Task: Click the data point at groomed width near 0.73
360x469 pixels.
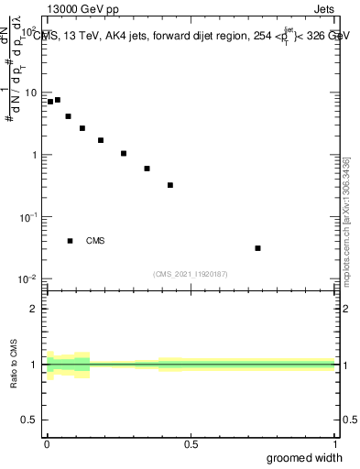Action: pyautogui.click(x=258, y=248)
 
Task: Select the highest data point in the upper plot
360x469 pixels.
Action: pyautogui.click(x=58, y=100)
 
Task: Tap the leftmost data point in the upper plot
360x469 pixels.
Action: pyautogui.click(x=50, y=102)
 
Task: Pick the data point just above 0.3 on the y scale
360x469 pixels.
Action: pyautogui.click(x=170, y=185)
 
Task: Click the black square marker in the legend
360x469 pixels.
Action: pyautogui.click(x=71, y=241)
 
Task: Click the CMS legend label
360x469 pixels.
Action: pyautogui.click(x=95, y=241)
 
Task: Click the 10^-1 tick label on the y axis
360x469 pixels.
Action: pyautogui.click(x=29, y=217)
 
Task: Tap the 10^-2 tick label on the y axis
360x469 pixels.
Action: pyautogui.click(x=29, y=278)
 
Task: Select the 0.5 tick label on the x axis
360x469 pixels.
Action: pyautogui.click(x=191, y=444)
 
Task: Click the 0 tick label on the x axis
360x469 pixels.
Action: pyautogui.click(x=47, y=444)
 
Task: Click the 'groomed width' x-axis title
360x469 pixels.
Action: pyautogui.click(x=304, y=457)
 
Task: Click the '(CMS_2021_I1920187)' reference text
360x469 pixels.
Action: pyautogui.click(x=191, y=274)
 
